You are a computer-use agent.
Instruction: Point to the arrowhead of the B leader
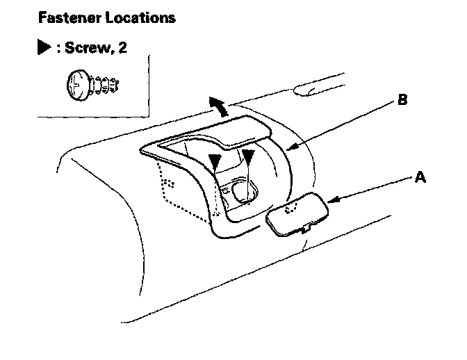(x=291, y=147)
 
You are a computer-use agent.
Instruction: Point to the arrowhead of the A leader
(x=332, y=202)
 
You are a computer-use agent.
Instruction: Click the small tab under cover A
(x=306, y=228)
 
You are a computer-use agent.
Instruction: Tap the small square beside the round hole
(x=226, y=187)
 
